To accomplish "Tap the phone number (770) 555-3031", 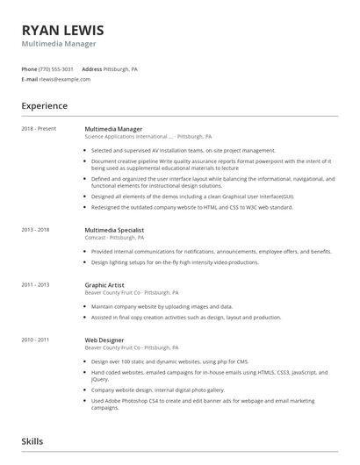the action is click(x=56, y=68).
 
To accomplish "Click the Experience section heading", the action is click(x=45, y=106).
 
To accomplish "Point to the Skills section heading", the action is click(x=32, y=441).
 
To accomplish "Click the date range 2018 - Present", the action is click(x=39, y=129).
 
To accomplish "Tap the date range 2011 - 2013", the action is click(x=35, y=284).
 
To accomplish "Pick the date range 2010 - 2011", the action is click(x=35, y=339).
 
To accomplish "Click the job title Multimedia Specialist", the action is click(x=114, y=230).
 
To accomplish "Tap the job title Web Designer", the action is click(x=104, y=339).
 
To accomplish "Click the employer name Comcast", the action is click(x=96, y=238).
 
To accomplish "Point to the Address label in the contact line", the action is click(x=91, y=68).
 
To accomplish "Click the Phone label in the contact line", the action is click(x=29, y=68).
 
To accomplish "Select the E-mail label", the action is click(x=29, y=79).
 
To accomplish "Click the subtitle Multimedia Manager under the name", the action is click(x=59, y=43).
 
